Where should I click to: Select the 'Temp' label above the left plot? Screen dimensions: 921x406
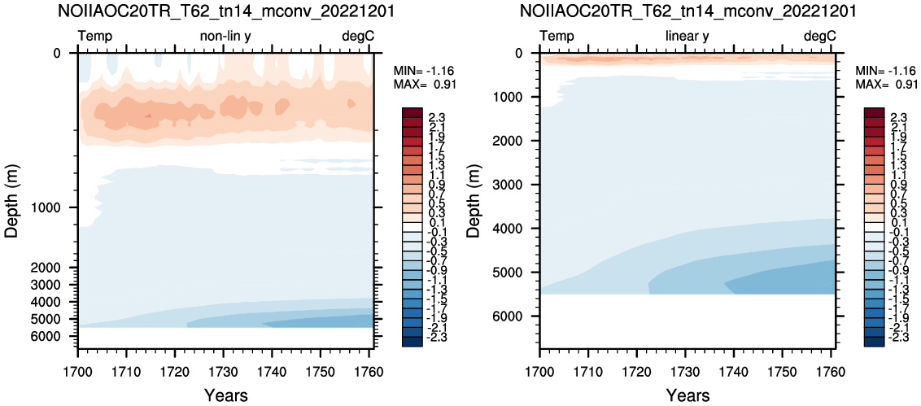(95, 37)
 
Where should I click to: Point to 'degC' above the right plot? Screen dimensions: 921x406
(820, 37)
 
